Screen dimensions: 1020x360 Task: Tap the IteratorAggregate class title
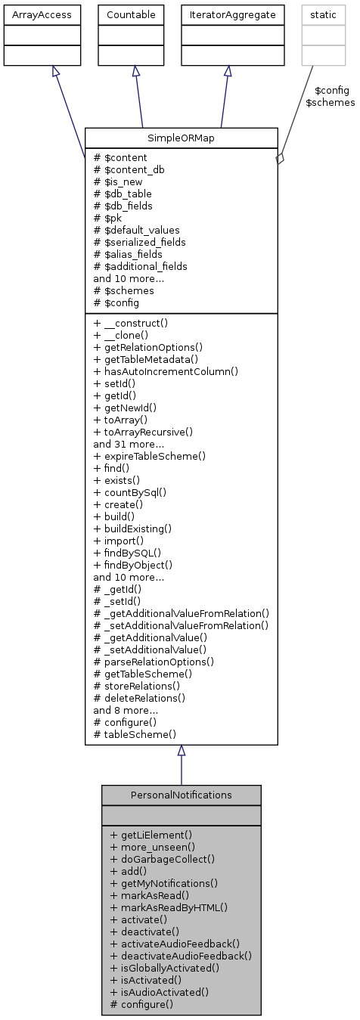click(x=228, y=14)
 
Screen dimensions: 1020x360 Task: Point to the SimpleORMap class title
click(x=182, y=138)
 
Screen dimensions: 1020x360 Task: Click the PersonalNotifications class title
click(x=181, y=795)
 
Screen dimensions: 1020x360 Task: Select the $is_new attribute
click(x=117, y=181)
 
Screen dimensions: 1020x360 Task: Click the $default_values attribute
click(x=135, y=230)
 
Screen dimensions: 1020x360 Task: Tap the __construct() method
click(x=130, y=322)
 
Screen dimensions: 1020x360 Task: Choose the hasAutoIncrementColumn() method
click(x=166, y=370)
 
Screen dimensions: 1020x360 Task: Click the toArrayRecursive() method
click(x=143, y=431)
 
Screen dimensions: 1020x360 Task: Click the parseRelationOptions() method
click(x=154, y=661)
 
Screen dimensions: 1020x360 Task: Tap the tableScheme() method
click(x=135, y=733)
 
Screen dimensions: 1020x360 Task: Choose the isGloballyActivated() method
click(x=165, y=968)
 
